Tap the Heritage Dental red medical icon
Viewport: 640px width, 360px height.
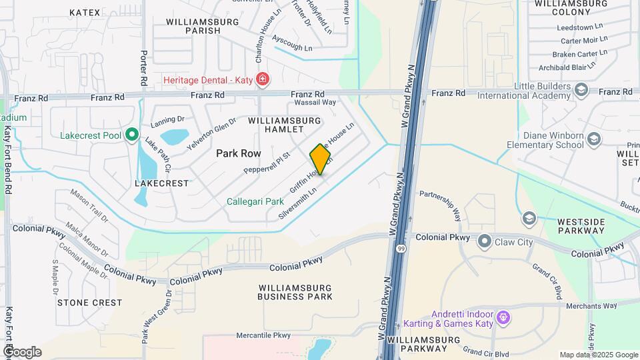tap(263, 80)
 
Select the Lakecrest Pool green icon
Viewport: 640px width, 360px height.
tap(132, 135)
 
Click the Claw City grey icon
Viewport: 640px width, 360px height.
tap(485, 242)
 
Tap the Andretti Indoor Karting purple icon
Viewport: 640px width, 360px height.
tap(503, 315)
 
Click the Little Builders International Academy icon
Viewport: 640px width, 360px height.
tap(581, 89)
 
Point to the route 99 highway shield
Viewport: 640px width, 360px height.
tap(401, 249)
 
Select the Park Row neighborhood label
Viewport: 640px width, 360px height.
tap(238, 153)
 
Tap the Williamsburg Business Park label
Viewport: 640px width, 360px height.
tap(295, 291)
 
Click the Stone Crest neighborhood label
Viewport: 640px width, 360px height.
tap(89, 302)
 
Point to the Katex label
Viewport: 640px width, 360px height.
tap(85, 13)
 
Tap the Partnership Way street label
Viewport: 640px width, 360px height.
tap(440, 204)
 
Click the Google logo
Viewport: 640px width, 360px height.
tap(22, 352)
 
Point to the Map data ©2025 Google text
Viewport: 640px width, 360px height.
tap(598, 355)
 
